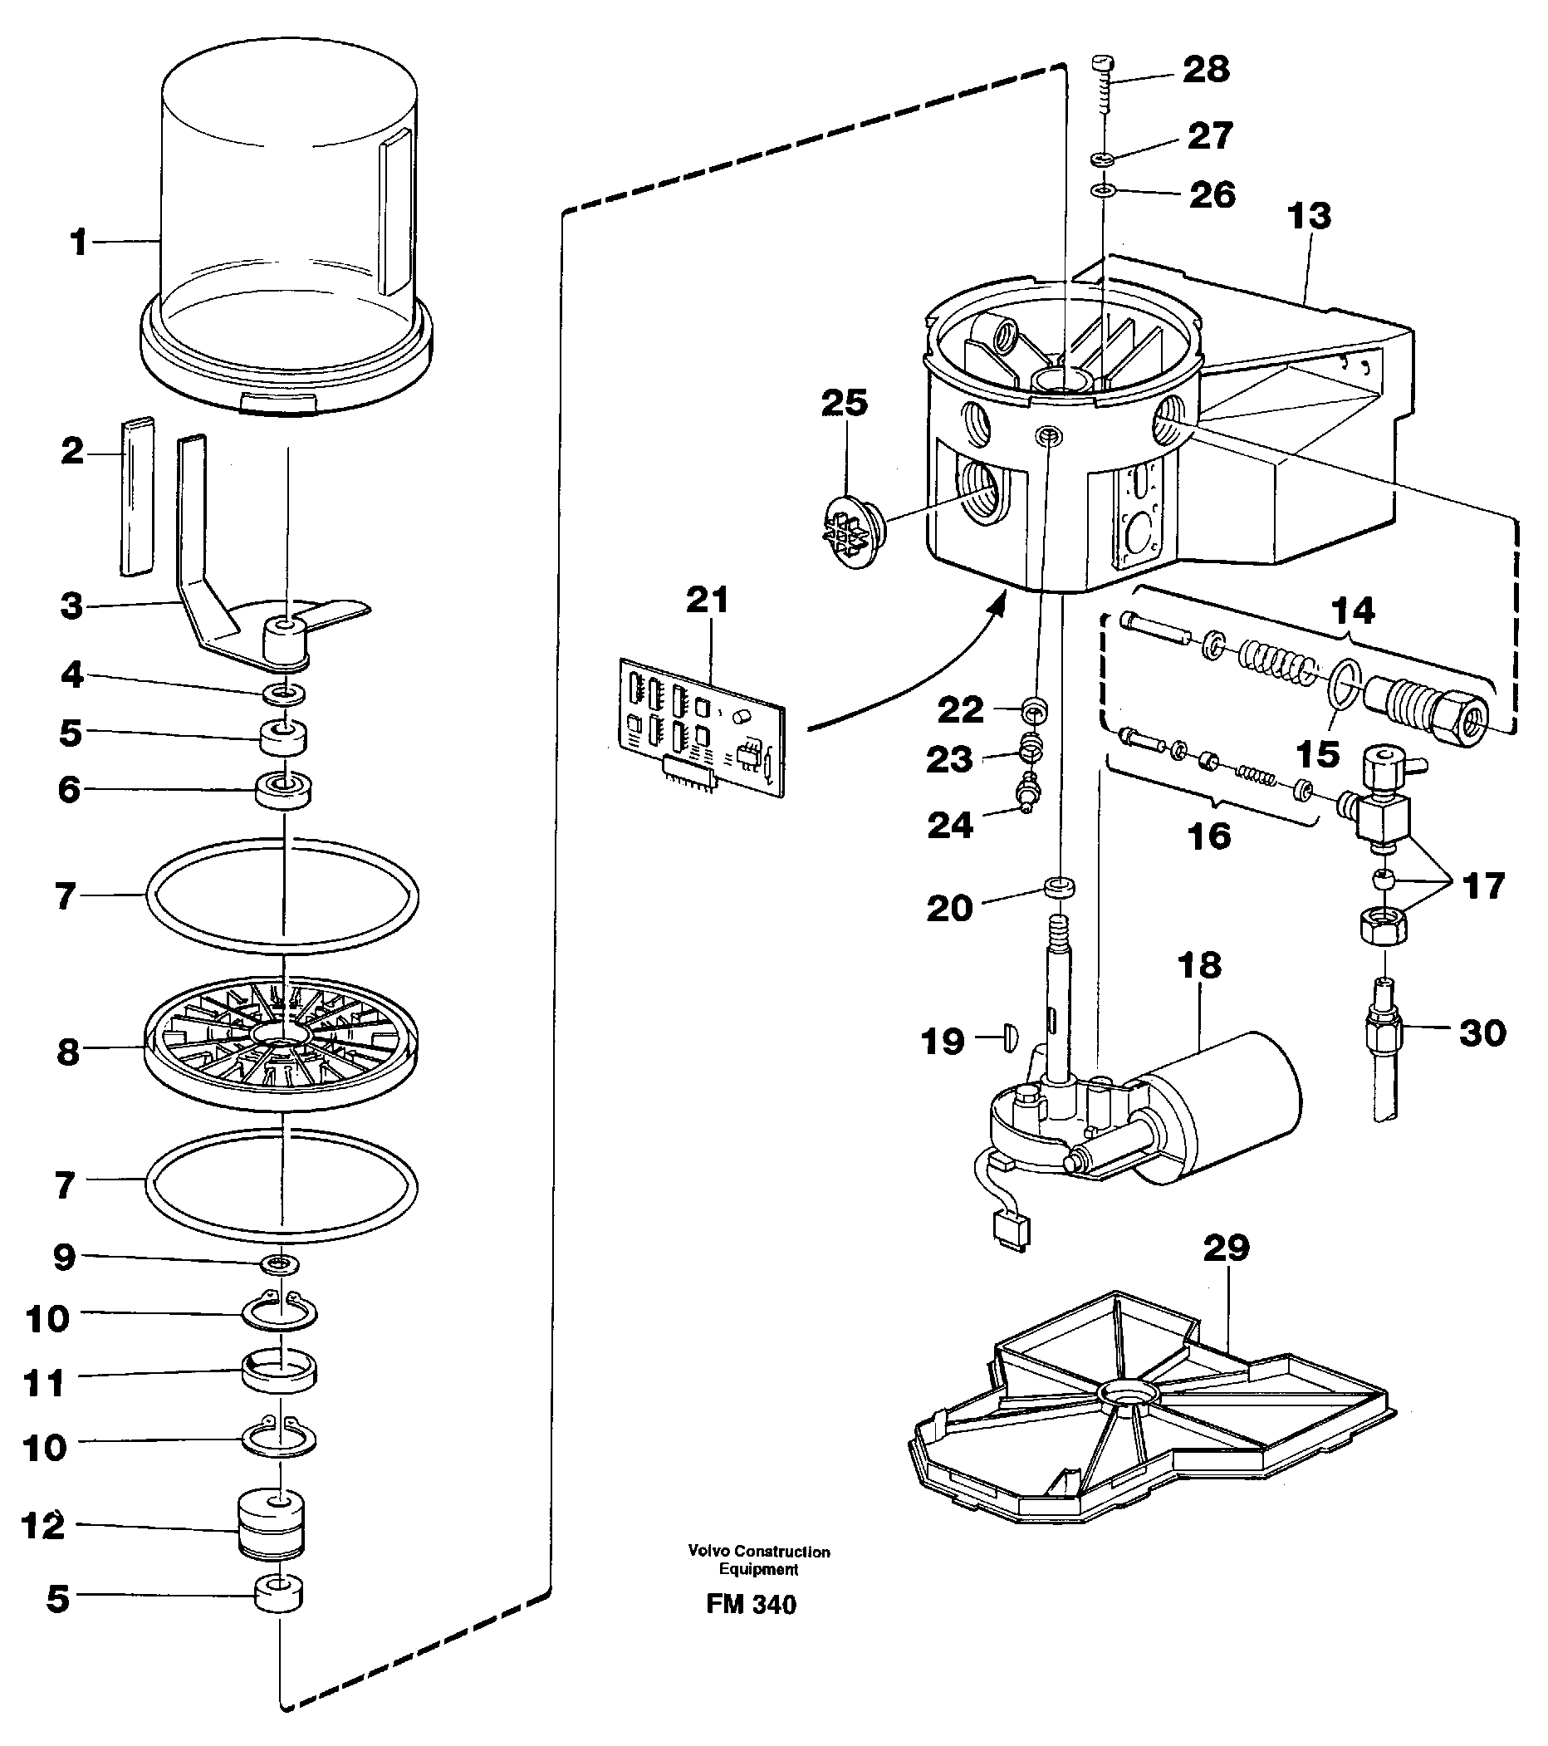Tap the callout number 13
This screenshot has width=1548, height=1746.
1308,216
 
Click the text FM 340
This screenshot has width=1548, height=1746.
751,1605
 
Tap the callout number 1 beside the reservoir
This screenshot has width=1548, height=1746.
79,243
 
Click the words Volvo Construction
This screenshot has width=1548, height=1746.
758,1552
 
